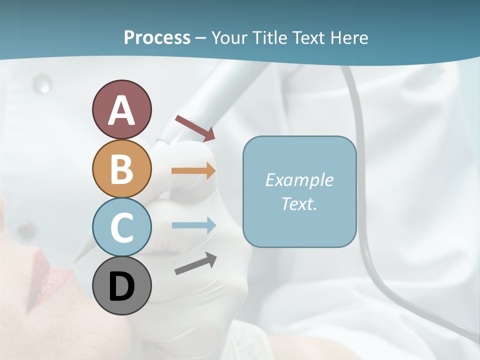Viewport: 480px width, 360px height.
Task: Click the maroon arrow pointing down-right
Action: [x=195, y=128]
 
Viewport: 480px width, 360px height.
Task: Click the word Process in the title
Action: [x=157, y=37]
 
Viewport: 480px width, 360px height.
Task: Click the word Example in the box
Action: [x=299, y=180]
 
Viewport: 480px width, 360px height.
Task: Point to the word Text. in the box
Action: [x=299, y=203]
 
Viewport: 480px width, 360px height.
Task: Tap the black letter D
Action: [x=121, y=287]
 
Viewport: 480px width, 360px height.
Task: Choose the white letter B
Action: [x=121, y=169]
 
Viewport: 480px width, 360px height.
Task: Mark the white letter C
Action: [x=121, y=227]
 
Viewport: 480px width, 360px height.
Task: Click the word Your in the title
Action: [x=229, y=37]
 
